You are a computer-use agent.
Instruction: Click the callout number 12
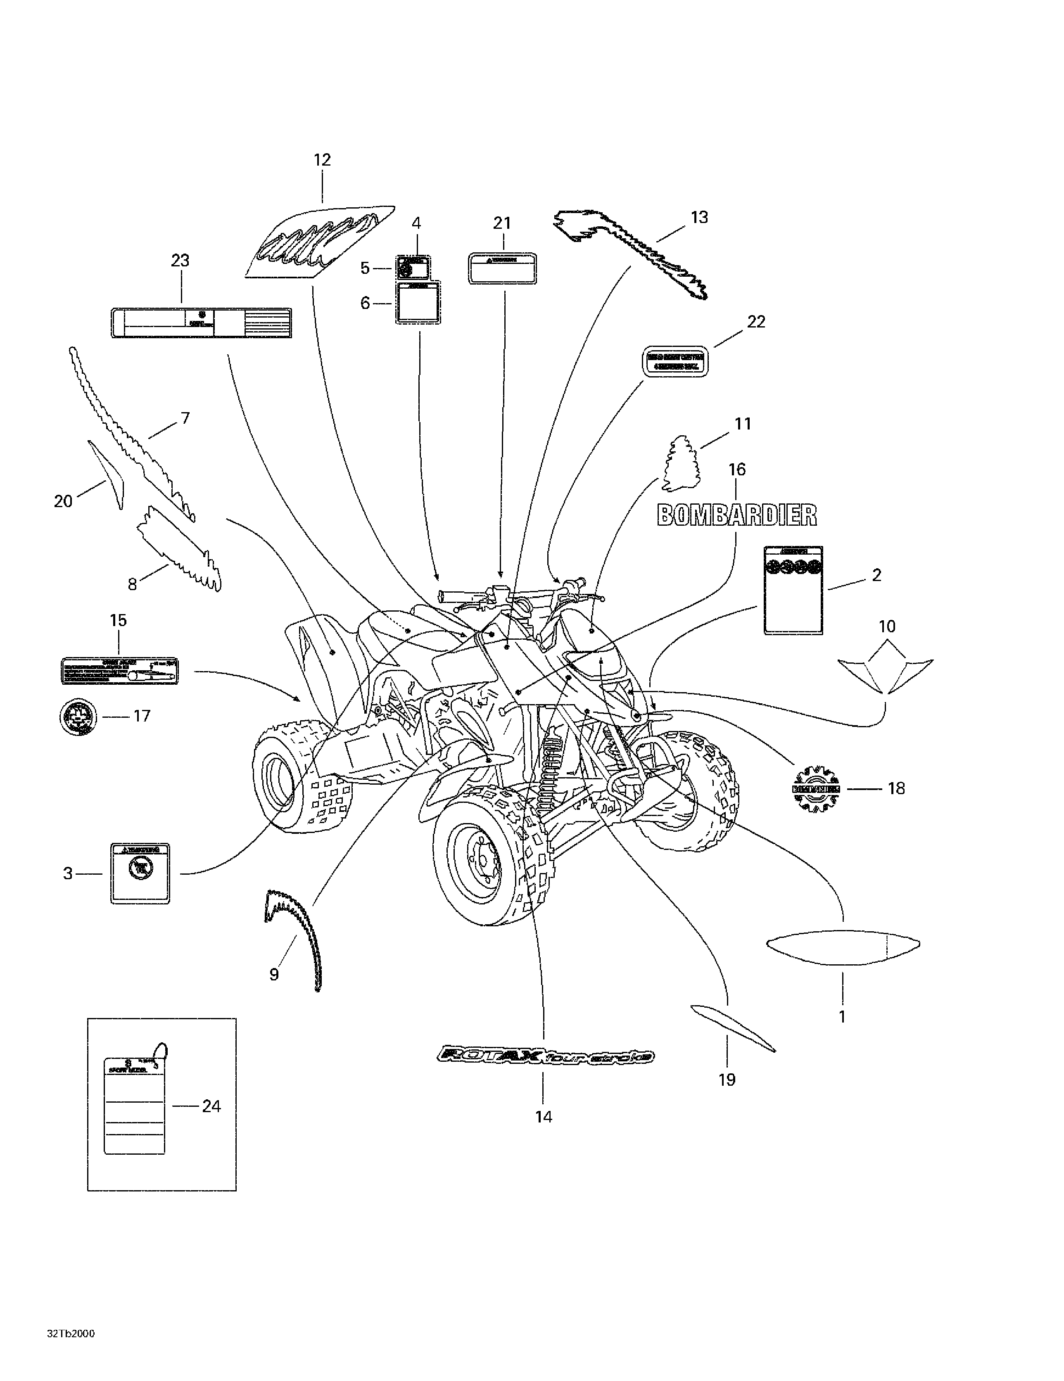pyautogui.click(x=322, y=160)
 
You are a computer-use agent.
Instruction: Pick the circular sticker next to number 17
pyautogui.click(x=78, y=717)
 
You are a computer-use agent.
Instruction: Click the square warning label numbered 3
pyautogui.click(x=140, y=873)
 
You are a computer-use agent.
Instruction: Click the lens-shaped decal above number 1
pyautogui.click(x=843, y=946)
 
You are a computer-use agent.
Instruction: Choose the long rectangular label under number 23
pyautogui.click(x=201, y=323)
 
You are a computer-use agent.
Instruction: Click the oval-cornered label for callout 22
pyautogui.click(x=676, y=362)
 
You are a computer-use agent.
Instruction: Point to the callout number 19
pyautogui.click(x=727, y=1080)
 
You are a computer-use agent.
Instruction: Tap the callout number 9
pyautogui.click(x=274, y=974)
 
